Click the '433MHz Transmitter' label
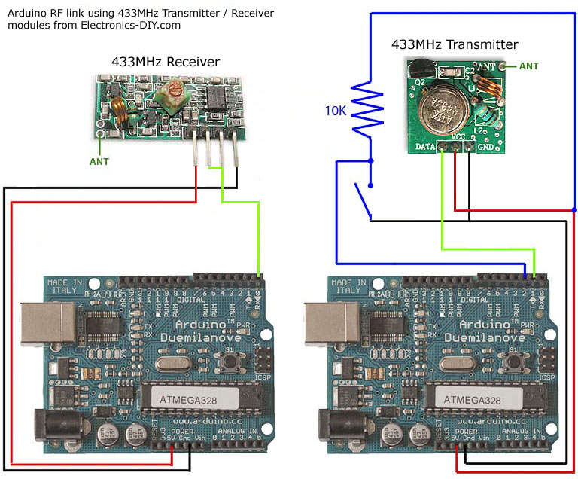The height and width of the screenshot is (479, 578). (x=455, y=44)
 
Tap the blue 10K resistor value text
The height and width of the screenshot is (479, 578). (x=336, y=111)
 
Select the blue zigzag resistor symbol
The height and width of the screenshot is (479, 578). (x=370, y=109)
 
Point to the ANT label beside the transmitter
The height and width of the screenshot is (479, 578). (x=529, y=66)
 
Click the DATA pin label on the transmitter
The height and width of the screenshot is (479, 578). (x=426, y=145)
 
